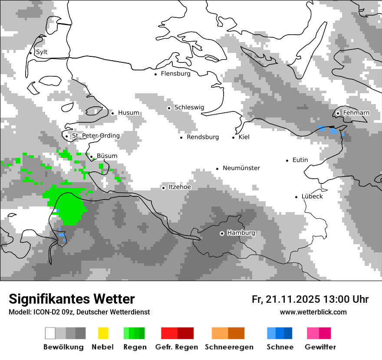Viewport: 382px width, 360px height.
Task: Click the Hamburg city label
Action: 241,233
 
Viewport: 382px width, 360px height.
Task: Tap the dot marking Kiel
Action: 233,137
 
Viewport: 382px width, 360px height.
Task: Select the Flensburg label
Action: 175,74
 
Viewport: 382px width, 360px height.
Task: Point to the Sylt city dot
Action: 30,53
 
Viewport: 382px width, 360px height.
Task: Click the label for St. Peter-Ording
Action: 95,136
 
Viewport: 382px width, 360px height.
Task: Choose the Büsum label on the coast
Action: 107,156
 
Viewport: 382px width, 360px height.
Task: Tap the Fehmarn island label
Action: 356,113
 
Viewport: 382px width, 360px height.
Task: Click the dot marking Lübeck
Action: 296,197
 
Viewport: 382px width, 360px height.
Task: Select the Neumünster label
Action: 241,168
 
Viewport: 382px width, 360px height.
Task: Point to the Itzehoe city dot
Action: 163,188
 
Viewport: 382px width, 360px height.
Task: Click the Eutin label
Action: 300,160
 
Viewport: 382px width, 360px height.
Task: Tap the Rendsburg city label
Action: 202,137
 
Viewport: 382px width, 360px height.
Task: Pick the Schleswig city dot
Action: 169,108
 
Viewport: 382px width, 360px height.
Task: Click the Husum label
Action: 128,113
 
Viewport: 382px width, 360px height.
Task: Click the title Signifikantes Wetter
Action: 72,299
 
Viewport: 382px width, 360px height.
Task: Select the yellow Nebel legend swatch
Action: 103,333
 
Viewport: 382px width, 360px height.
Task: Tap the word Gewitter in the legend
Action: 320,347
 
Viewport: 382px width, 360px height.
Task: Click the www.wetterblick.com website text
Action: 313,312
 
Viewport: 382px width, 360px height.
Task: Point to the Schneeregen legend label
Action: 229,347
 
